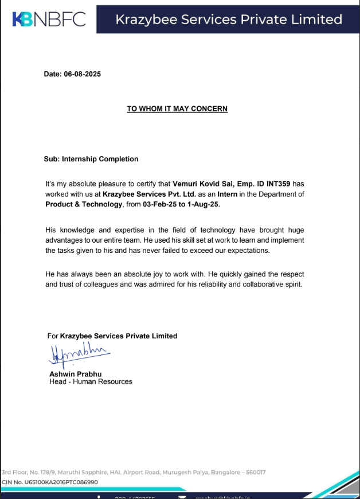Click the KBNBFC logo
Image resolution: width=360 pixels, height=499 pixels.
(49, 19)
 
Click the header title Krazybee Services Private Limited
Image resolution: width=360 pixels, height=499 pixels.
(229, 20)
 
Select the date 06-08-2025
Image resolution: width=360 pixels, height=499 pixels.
(83, 74)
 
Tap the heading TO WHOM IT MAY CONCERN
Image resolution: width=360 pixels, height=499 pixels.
(177, 108)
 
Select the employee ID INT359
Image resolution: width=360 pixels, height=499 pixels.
(278, 184)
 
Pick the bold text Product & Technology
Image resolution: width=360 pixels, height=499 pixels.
(84, 204)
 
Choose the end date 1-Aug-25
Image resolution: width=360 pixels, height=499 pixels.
(201, 204)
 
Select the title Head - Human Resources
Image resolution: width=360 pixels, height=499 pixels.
(91, 381)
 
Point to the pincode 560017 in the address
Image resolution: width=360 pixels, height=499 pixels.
(256, 473)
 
